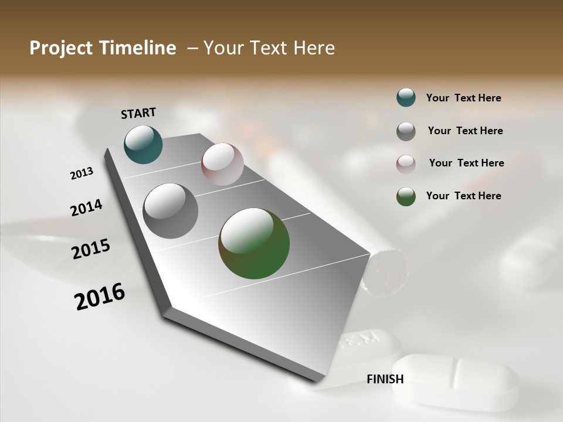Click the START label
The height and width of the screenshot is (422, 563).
click(138, 113)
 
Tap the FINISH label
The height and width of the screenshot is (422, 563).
click(385, 379)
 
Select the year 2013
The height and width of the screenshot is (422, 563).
click(82, 173)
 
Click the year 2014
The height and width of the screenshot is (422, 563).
click(86, 207)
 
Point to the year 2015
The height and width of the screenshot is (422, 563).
click(91, 249)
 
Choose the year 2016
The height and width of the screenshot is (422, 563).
click(100, 297)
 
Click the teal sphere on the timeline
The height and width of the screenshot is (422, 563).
click(143, 144)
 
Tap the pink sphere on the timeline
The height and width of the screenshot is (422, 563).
click(222, 164)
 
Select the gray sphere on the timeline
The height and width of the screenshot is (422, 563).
click(170, 211)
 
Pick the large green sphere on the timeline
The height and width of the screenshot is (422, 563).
click(254, 243)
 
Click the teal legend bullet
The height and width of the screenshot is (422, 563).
click(406, 97)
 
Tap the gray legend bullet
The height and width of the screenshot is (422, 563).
click(406, 131)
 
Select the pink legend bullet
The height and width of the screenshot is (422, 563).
click(406, 164)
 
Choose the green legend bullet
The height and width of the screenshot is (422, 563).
click(406, 196)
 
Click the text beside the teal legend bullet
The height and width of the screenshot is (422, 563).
click(463, 98)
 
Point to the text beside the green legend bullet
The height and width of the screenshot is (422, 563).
click(463, 196)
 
